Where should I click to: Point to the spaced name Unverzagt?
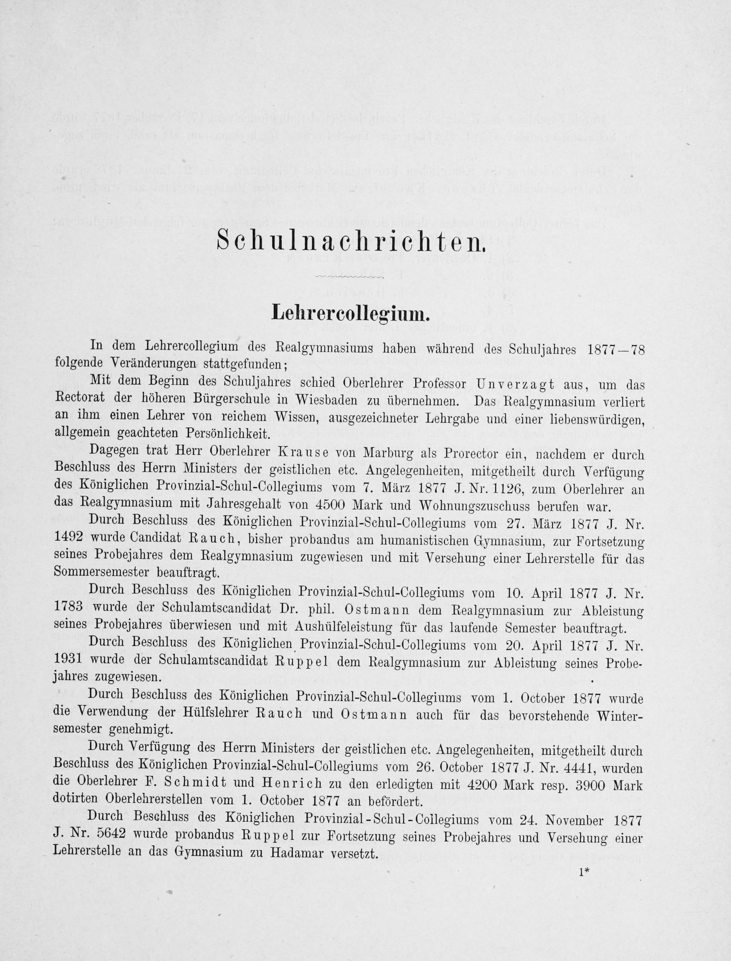click(516, 384)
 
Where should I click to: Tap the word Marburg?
click(383, 454)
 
